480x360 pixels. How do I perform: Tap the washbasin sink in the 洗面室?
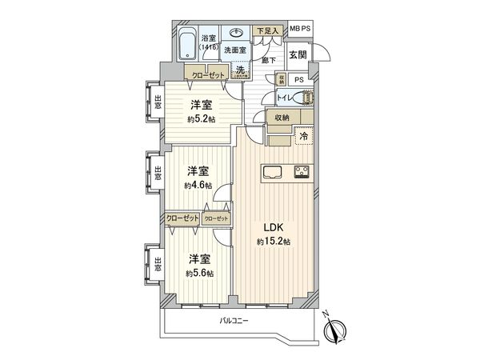click(x=238, y=34)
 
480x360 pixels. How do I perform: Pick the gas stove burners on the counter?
click(x=302, y=170)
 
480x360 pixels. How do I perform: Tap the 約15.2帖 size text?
click(x=274, y=241)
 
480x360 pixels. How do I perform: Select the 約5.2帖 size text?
click(x=200, y=120)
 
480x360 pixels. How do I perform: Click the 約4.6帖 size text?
click(x=197, y=186)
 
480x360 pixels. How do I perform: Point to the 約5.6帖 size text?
click(x=198, y=274)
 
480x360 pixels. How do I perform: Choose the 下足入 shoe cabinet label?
click(x=267, y=31)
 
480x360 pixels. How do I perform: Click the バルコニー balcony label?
click(x=234, y=321)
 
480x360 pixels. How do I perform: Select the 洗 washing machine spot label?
click(x=240, y=70)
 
